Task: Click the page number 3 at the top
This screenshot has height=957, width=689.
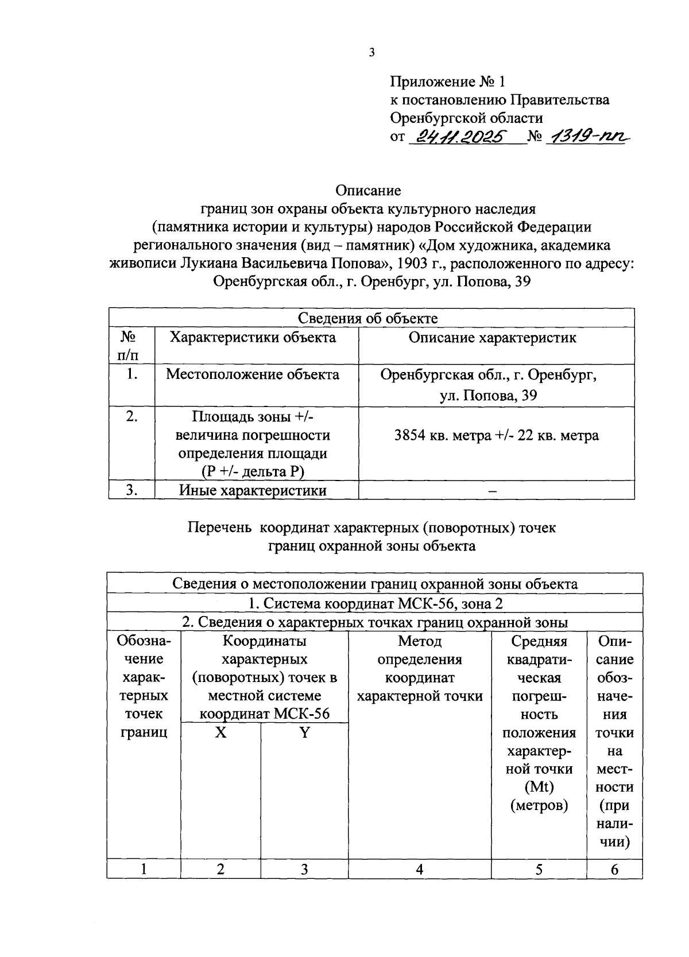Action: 371,53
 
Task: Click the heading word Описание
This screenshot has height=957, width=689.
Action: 368,190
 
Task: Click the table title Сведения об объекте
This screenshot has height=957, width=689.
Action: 367,318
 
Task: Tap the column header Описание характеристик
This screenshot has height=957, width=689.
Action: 492,337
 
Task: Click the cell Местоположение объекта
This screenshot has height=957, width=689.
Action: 253,374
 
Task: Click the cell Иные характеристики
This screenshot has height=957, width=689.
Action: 253,490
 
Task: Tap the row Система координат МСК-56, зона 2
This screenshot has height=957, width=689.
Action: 376,603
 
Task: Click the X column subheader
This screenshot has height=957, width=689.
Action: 220,733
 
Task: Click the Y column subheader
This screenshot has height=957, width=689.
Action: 304,733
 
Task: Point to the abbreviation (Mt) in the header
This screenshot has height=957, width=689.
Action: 539,787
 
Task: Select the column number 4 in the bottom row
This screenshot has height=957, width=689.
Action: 420,870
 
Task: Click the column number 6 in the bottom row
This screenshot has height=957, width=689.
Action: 614,870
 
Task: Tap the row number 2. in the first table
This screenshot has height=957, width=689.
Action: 131,416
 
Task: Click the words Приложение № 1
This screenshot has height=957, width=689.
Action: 447,82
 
